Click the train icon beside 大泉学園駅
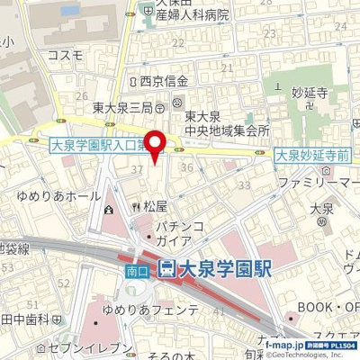[166, 267]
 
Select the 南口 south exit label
[135, 267]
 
